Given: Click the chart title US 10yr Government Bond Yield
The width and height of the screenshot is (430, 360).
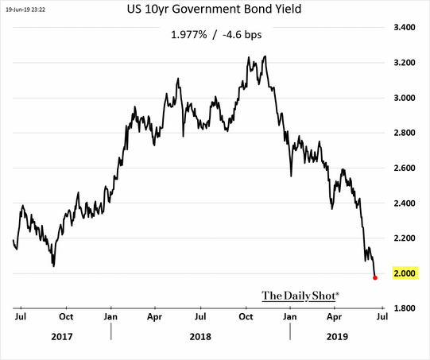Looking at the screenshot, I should [x=215, y=12].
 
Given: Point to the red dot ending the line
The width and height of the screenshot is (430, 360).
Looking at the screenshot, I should [x=374, y=277].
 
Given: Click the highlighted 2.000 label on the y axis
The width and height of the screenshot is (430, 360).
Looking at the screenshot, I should [x=405, y=273].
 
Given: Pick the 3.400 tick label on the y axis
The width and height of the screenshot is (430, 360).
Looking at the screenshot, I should [x=405, y=28].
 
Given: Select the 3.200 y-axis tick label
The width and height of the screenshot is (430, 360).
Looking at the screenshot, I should [x=405, y=63].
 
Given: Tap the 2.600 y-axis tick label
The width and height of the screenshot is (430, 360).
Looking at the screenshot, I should [x=405, y=168].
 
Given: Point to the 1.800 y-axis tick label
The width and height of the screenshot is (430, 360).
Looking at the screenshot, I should [x=405, y=308].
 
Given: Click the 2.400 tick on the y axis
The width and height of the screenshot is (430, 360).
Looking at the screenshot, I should [x=405, y=203].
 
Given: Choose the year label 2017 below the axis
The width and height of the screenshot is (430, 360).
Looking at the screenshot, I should [x=62, y=336].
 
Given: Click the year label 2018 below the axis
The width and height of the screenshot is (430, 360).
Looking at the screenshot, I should [x=202, y=336].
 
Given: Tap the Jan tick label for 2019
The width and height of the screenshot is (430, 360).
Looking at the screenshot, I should [x=291, y=316].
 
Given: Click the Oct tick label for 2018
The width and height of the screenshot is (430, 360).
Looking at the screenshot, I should [x=246, y=316].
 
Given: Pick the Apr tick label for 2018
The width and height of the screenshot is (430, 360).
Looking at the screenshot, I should [x=157, y=316].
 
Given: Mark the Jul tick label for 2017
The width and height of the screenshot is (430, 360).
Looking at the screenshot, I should [x=21, y=316].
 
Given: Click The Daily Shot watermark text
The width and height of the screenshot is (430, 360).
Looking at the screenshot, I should [x=300, y=295].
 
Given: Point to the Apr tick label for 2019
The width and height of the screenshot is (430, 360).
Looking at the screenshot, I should [x=335, y=316].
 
